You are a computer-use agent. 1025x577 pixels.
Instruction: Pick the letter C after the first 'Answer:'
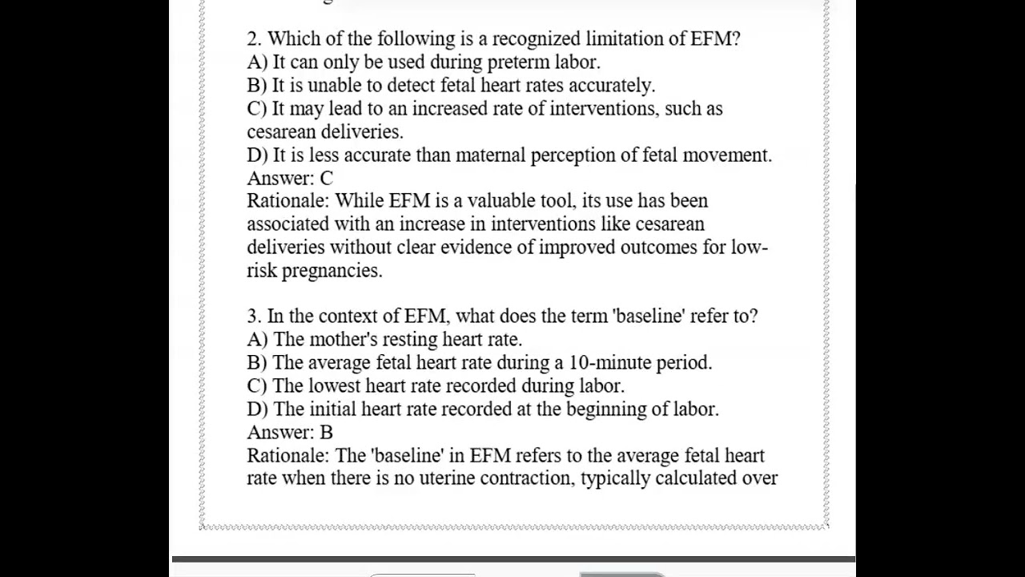(326, 178)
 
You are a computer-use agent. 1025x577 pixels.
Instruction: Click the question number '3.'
(254, 316)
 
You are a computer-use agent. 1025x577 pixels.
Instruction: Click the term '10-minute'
(610, 362)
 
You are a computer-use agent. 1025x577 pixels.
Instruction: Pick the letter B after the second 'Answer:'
(326, 432)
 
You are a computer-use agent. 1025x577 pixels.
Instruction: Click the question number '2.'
(255, 38)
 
